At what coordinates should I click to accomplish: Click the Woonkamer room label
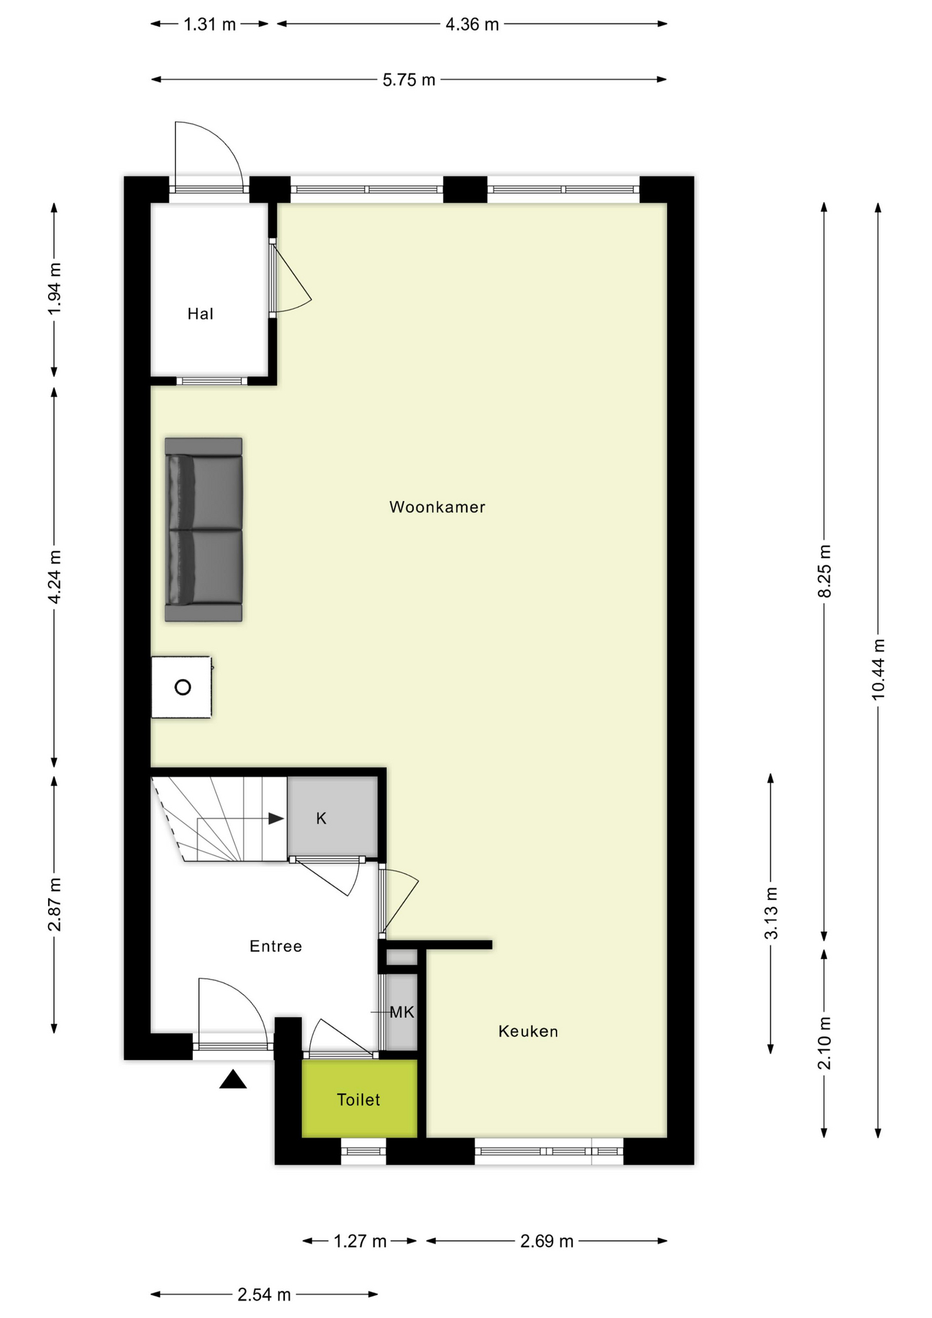[x=437, y=507]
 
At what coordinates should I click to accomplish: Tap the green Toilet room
[x=358, y=1100]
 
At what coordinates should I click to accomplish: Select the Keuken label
[x=528, y=1031]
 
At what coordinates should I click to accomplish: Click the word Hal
[x=200, y=314]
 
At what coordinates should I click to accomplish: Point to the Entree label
[x=275, y=946]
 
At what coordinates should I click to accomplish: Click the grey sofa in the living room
[x=203, y=529]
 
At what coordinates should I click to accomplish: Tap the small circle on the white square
[x=183, y=687]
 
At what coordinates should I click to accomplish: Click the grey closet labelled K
[x=332, y=818]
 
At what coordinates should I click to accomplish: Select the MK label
[x=401, y=1012]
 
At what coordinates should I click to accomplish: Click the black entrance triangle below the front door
[x=233, y=1080]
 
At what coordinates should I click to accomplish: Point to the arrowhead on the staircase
[x=276, y=818]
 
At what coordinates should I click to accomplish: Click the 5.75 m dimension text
[x=409, y=80]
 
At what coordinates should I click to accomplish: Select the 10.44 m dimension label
[x=878, y=669]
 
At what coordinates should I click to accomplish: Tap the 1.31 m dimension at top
[x=209, y=25]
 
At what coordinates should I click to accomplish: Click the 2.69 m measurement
[x=546, y=1241]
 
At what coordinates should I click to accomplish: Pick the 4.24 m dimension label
[x=55, y=577]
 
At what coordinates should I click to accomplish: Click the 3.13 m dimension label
[x=771, y=913]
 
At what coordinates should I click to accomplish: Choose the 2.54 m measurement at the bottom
[x=264, y=1295]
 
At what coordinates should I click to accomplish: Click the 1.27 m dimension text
[x=360, y=1241]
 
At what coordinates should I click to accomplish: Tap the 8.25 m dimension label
[x=824, y=571]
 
